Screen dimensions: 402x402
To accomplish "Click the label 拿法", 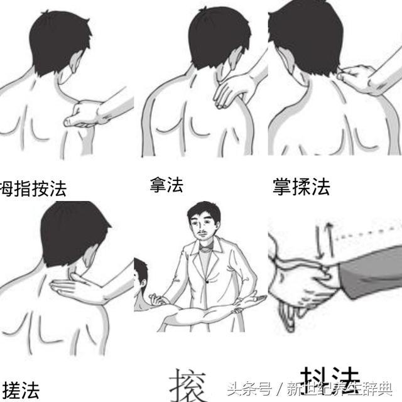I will [166, 184].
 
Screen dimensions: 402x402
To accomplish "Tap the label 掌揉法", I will [301, 186].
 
